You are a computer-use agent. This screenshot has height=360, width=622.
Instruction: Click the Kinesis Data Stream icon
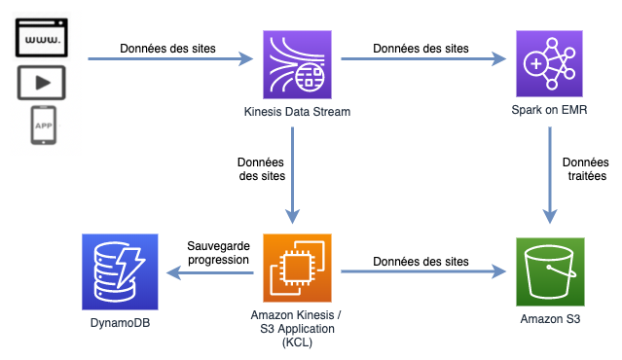pyautogui.click(x=296, y=60)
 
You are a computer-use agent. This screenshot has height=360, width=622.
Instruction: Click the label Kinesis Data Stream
pyautogui.click(x=296, y=112)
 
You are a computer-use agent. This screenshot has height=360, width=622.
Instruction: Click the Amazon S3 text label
pyautogui.click(x=552, y=318)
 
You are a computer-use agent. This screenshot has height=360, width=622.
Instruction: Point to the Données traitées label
pyautogui.click(x=585, y=169)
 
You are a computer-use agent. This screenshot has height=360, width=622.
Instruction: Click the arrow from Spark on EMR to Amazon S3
pyautogui.click(x=552, y=175)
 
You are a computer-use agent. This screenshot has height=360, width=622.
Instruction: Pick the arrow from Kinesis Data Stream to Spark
pyautogui.click(x=425, y=60)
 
